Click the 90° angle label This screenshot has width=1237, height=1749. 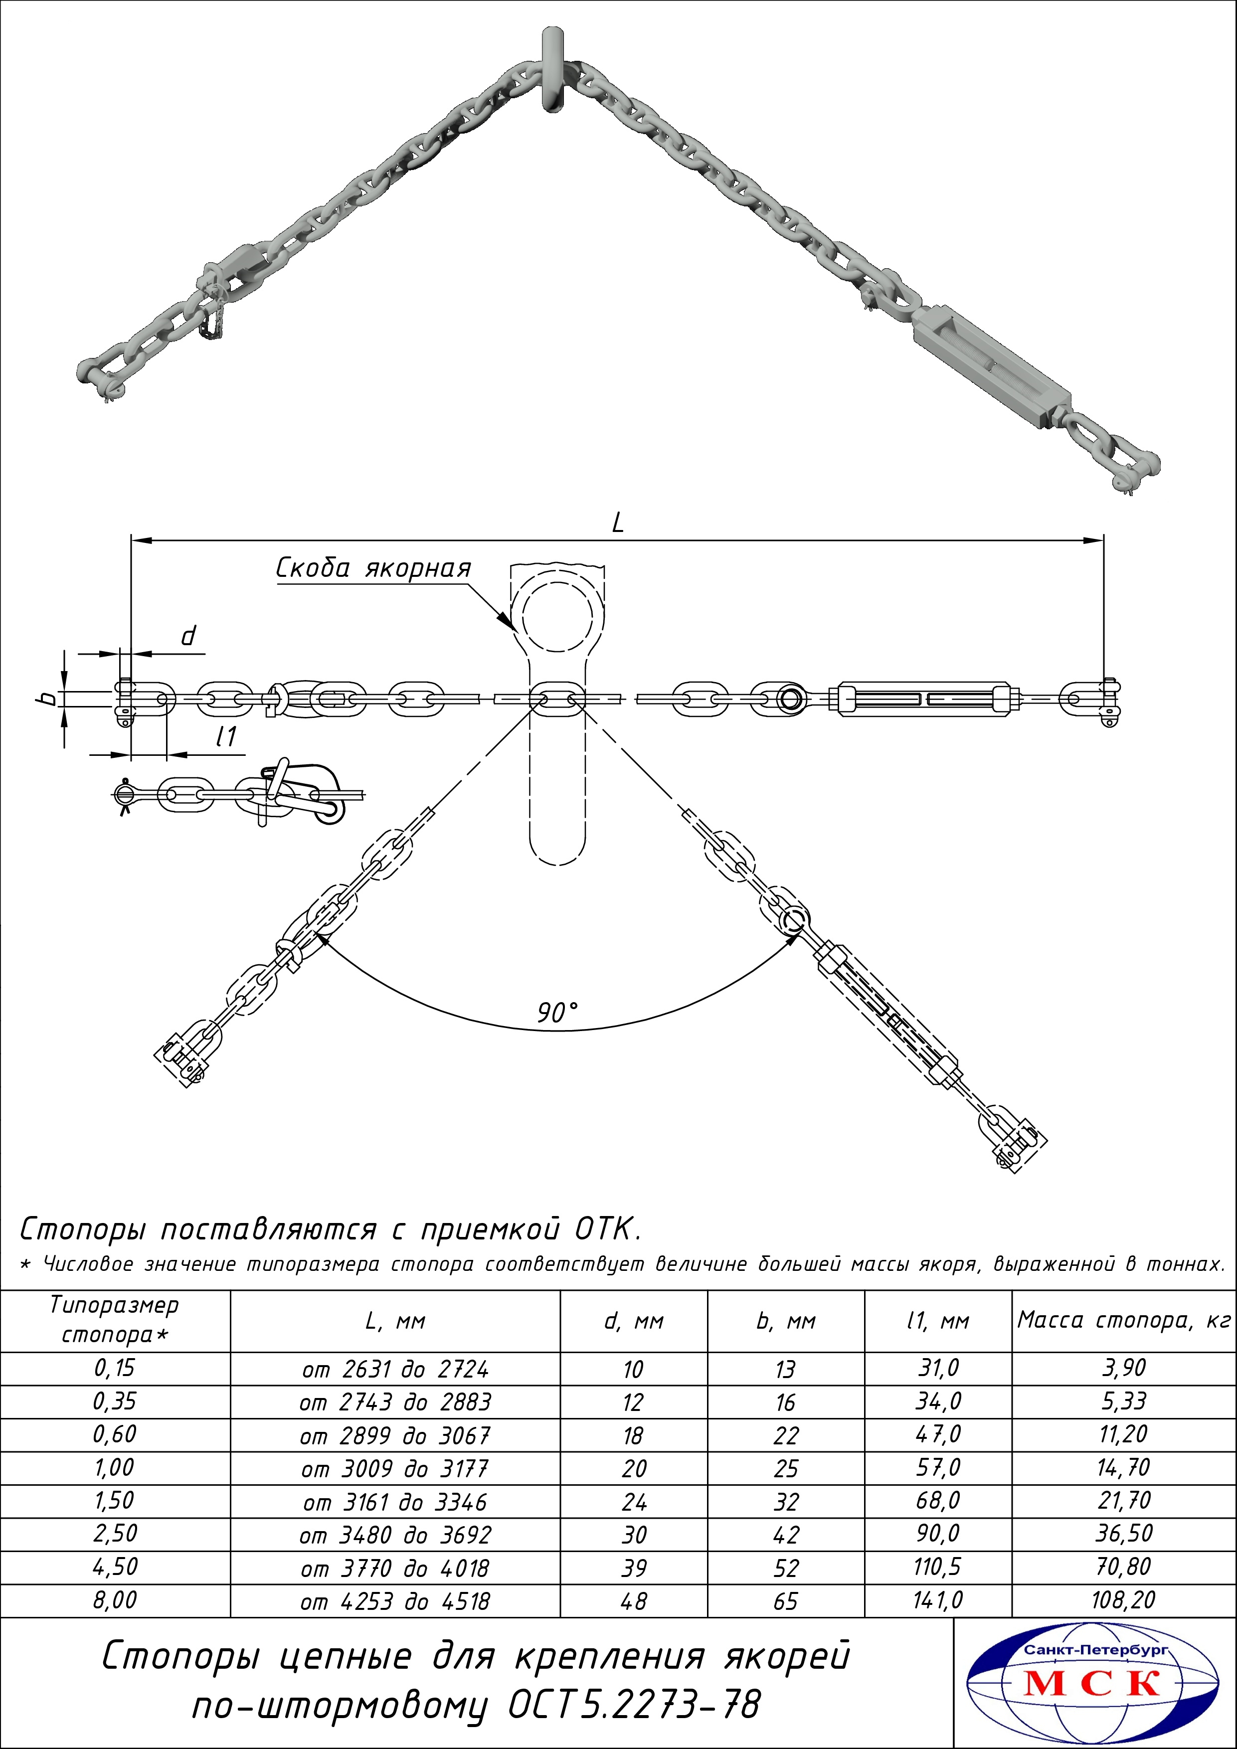pyautogui.click(x=557, y=1013)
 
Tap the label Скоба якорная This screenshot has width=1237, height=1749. pyautogui.click(x=373, y=568)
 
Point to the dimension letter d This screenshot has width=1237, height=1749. pyautogui.click(x=188, y=635)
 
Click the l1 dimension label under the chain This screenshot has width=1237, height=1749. pyautogui.click(x=226, y=736)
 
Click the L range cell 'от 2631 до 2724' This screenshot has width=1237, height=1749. pyautogui.click(x=394, y=1369)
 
